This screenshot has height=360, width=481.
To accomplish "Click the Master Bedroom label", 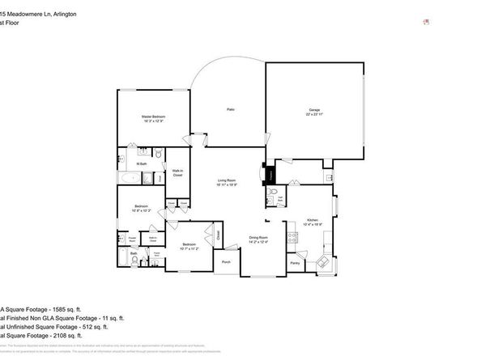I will (x=154, y=117).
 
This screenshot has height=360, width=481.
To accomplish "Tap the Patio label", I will (x=230, y=109).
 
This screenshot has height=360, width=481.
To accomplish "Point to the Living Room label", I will (x=226, y=180).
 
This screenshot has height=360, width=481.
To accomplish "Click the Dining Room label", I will (x=258, y=237).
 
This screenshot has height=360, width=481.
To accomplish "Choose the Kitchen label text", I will (x=313, y=219).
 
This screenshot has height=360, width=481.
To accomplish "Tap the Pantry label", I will (x=295, y=263).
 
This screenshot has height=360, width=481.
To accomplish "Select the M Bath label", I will (x=140, y=164).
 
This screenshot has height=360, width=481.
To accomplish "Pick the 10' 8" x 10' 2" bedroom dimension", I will (x=141, y=210).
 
